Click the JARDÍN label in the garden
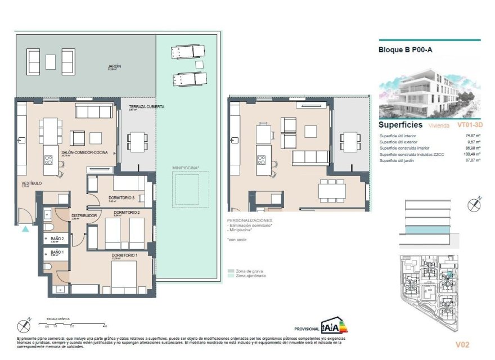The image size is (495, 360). pos(115,66)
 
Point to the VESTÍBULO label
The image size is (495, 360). pos(31,183)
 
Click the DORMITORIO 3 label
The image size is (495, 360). pos(122,197)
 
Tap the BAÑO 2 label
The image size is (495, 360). pos(57,238)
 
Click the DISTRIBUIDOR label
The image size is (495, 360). pos(85,215)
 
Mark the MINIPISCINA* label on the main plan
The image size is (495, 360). pos(186,167)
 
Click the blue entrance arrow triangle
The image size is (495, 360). pos(25,228)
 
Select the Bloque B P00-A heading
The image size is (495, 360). pos(405,49)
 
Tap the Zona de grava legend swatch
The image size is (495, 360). pos(231,271)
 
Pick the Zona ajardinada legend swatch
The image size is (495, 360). pos(231,276)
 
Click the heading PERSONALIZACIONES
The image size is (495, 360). pos(249,220)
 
